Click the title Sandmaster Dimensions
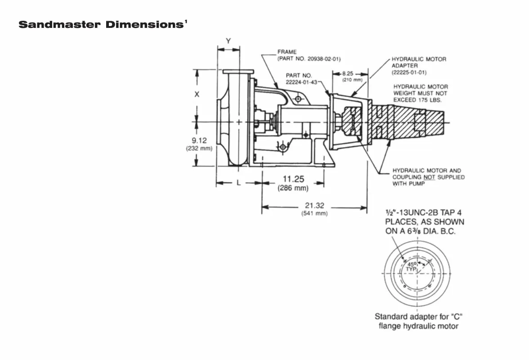tap(101, 24)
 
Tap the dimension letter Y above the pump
tap(229, 41)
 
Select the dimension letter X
tap(197, 94)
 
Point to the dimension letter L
tap(239, 183)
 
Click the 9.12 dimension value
tap(199, 140)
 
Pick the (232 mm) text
tap(199, 148)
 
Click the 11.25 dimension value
tap(293, 180)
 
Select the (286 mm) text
tap(293, 188)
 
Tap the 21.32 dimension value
tap(314, 206)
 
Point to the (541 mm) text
tap(314, 213)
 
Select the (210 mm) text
tap(352, 80)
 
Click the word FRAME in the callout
tap(287, 52)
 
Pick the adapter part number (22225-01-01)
tap(409, 72)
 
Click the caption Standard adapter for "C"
tap(419, 316)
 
